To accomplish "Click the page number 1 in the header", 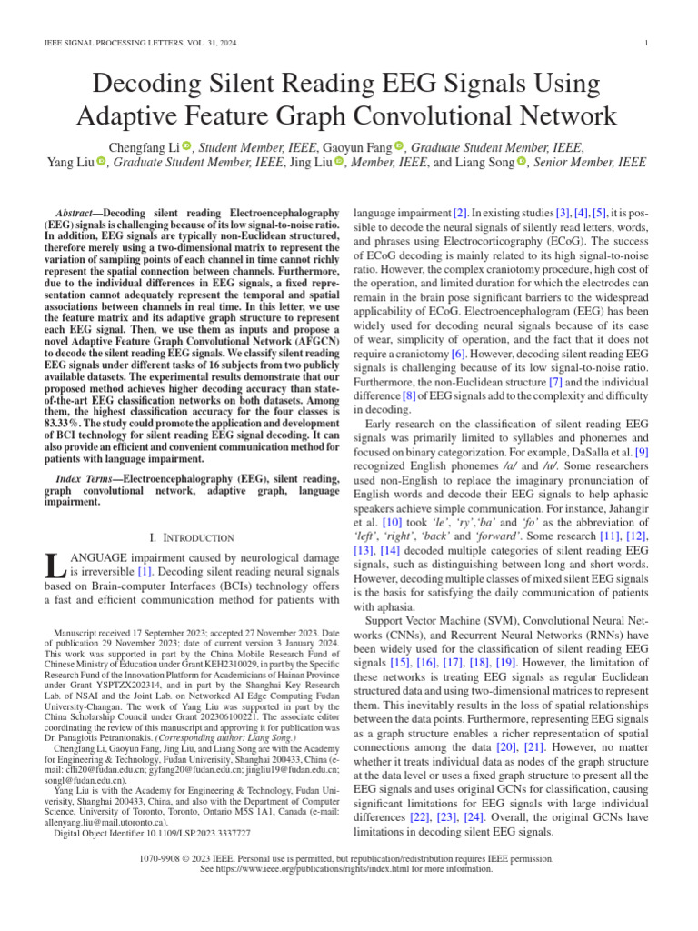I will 644,43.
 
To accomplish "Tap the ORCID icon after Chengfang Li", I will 187,145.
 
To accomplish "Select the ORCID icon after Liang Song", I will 523,163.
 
